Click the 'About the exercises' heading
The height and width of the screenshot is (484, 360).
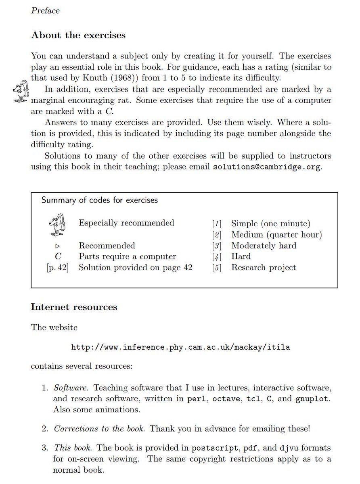[78, 35]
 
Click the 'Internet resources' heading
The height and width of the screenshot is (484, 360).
[74, 307]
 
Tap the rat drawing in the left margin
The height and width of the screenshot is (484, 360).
[21, 92]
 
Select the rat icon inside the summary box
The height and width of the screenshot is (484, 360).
[56, 225]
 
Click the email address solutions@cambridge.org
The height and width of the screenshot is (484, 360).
[267, 167]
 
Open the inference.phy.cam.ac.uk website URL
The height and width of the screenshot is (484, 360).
[180, 347]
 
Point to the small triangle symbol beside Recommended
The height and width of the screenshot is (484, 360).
[58, 246]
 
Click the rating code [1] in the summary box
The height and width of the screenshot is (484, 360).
[217, 223]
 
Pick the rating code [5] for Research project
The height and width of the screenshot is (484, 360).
[217, 268]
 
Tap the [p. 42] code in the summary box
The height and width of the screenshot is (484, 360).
[58, 268]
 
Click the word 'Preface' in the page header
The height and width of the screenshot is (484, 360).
[45, 11]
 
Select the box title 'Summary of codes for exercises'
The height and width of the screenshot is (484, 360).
[100, 200]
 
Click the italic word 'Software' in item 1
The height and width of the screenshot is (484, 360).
[71, 388]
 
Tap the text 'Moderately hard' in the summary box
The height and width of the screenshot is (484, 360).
[264, 246]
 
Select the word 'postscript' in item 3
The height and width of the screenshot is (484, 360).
[213, 448]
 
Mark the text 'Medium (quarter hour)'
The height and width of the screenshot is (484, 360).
[276, 235]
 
